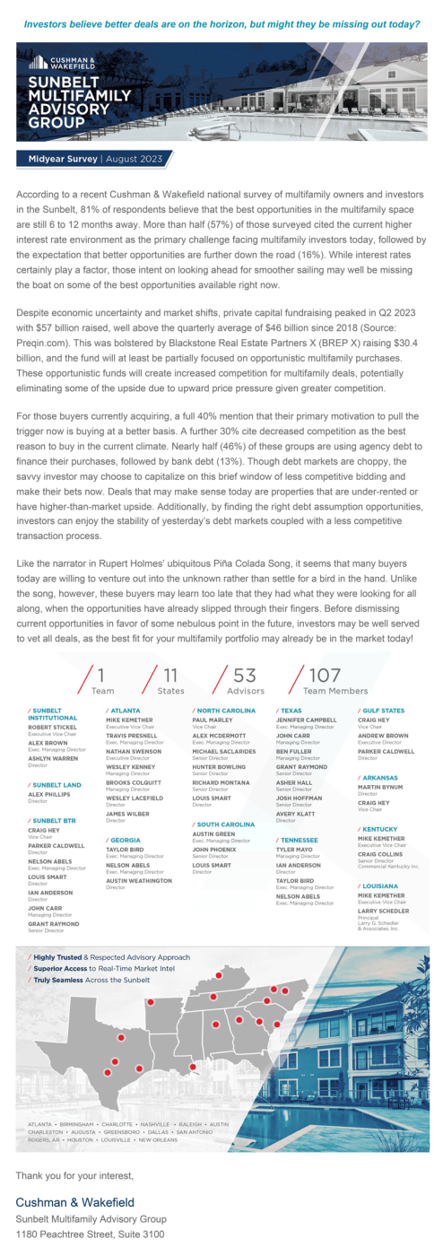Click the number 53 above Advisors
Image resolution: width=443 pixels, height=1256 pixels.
pyautogui.click(x=244, y=675)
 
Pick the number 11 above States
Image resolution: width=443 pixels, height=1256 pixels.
pyautogui.click(x=169, y=675)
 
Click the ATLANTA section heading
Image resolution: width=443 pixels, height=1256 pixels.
pyautogui.click(x=125, y=710)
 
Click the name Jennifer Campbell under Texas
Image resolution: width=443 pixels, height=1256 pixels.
pyautogui.click(x=306, y=720)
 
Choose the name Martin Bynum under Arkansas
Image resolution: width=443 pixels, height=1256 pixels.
pyautogui.click(x=381, y=788)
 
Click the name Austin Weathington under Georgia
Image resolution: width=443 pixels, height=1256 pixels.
pyautogui.click(x=138, y=880)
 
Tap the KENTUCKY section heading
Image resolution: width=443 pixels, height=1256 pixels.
pyautogui.click(x=381, y=829)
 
